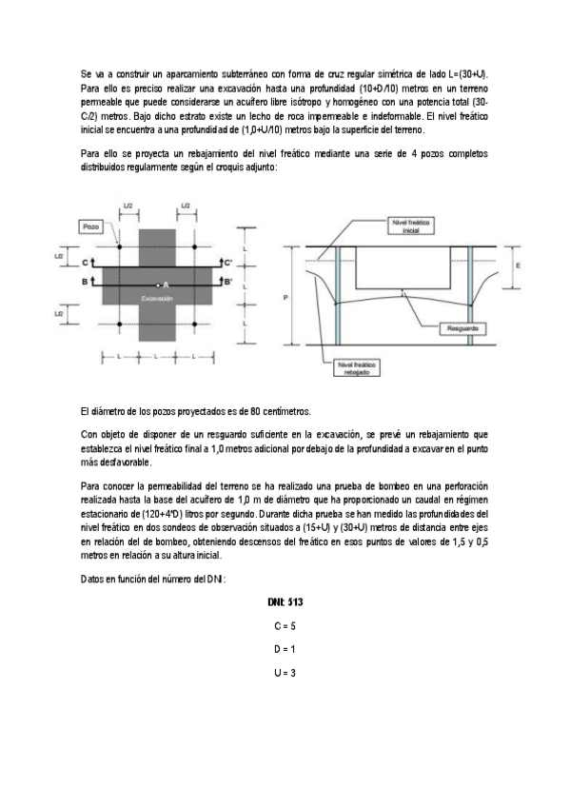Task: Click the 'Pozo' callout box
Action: [91, 227]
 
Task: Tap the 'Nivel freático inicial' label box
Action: [412, 225]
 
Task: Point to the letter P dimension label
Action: [285, 297]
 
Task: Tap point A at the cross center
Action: [164, 285]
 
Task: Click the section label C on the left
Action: [84, 262]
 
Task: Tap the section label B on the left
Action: [84, 282]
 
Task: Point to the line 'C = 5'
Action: [285, 626]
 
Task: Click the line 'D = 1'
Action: [285, 649]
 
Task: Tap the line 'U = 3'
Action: [285, 673]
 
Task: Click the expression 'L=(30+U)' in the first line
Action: [467, 74]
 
